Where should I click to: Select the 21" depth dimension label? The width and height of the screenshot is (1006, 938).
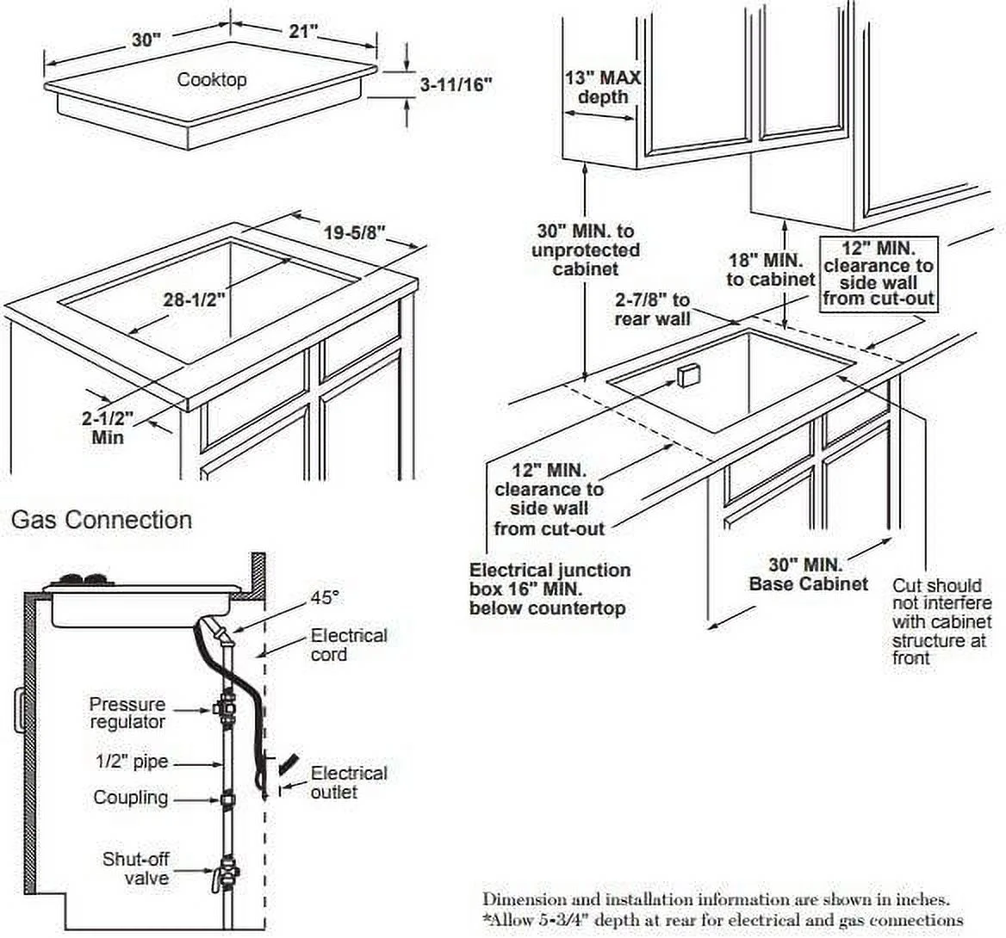pos(302,31)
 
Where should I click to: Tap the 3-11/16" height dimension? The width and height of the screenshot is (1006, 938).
pos(456,84)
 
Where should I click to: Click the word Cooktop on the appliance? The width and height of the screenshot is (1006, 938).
pos(212,80)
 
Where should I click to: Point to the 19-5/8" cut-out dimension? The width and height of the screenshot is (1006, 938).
pos(354,232)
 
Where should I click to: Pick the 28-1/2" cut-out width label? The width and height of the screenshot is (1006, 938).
pos(195,300)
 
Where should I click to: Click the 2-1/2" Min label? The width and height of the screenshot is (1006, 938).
pos(109,428)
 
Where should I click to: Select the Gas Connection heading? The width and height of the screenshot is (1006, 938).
pos(101,520)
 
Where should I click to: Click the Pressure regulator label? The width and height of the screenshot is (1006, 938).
pos(127,713)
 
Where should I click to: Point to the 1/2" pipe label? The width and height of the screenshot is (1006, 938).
pos(132,762)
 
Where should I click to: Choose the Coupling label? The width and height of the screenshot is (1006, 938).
pos(131,798)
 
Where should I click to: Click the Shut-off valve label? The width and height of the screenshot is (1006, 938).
pos(135,867)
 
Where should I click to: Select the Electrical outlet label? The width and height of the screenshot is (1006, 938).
pos(349,781)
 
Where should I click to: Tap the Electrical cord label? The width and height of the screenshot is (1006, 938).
pos(349,645)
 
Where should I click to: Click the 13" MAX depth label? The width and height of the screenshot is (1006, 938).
pos(603,87)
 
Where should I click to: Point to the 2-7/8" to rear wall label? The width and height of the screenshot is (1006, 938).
pos(652,309)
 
